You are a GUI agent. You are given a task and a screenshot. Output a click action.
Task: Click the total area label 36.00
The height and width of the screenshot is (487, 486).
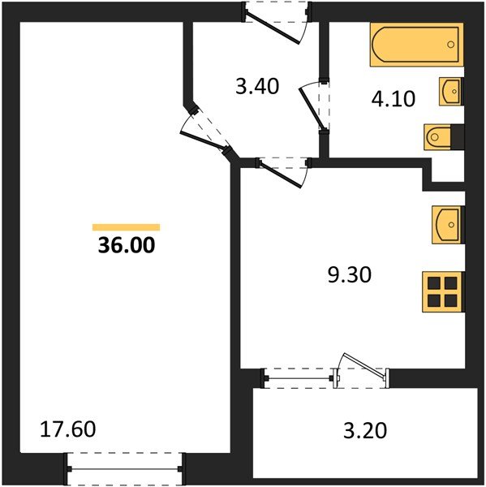pos(126,244)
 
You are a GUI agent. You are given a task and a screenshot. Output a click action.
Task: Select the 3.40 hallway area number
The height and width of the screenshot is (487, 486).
pos(257,86)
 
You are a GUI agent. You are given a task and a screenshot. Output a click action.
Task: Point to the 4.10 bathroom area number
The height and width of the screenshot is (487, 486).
pos(394,99)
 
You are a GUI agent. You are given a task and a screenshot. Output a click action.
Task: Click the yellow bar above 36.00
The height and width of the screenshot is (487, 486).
pos(126,227)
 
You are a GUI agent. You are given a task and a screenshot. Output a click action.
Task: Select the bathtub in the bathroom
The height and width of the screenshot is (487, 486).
pos(415,45)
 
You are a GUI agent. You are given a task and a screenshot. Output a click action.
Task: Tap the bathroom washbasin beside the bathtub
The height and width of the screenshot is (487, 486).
pos(450,92)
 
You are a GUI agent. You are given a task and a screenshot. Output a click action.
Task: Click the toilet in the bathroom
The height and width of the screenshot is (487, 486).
pos(442,137)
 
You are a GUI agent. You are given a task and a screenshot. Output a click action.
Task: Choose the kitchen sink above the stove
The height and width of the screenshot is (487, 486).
pos(446,225)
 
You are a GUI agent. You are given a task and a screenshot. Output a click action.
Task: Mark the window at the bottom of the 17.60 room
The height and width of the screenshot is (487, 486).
pos(125,468)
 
